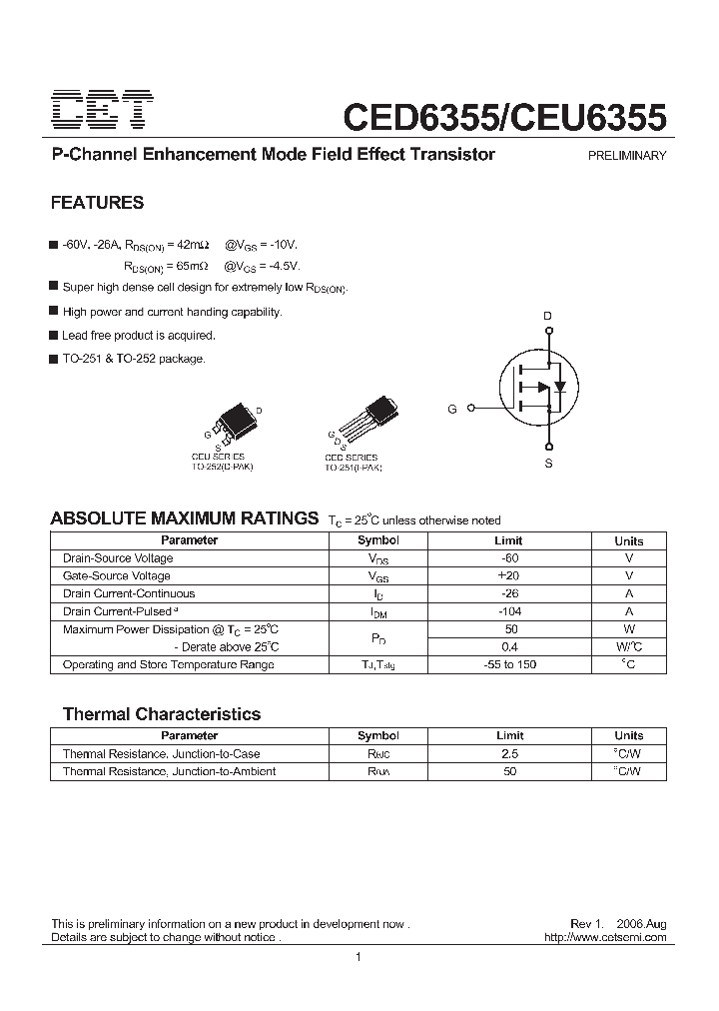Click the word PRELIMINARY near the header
[627, 156]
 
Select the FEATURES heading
[97, 203]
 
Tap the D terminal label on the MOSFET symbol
[547, 317]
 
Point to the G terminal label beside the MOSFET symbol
[452, 409]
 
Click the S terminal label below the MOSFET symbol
[548, 465]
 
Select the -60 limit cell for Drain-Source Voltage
[510, 558]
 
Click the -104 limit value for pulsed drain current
[510, 611]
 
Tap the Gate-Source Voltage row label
[117, 576]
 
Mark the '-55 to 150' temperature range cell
[510, 664]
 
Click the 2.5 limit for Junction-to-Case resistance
[510, 754]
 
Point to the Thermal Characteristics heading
[162, 714]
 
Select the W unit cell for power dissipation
[629, 629]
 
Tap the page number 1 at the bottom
[358, 958]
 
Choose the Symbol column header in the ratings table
[378, 540]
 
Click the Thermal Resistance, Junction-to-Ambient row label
[170, 771]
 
